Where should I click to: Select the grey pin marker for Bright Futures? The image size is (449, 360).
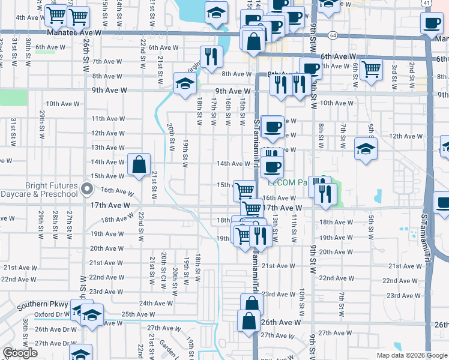[88, 190]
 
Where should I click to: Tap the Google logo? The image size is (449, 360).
[20, 353]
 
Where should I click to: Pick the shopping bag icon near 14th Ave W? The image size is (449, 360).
[139, 164]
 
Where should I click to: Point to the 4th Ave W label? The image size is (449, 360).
[28, 17]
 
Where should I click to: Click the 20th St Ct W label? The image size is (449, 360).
[163, 270]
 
